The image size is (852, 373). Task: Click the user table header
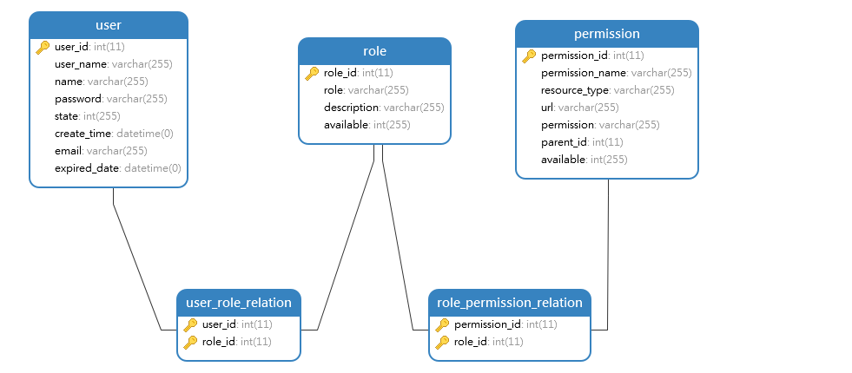pos(109,25)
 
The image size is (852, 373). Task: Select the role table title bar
pos(374,51)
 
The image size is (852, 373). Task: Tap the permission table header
pos(606,34)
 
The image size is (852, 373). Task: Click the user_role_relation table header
pos(239,303)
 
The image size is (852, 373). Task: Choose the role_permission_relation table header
pos(510,303)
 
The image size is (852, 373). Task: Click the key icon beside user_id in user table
pos(43,48)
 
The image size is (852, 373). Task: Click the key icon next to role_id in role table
pos(313,74)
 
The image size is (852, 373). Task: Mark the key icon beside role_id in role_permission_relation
pos(443,342)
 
